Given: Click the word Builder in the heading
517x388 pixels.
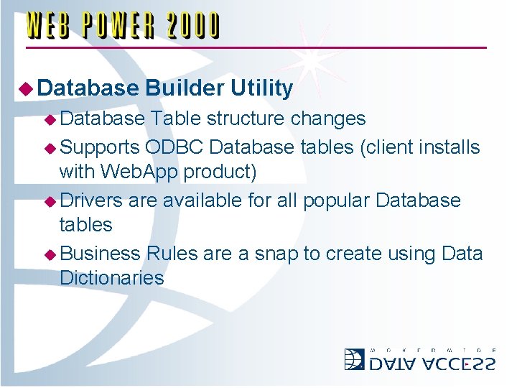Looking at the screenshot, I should pyautogui.click(x=185, y=88).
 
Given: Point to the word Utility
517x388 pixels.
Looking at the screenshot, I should pyautogui.click(x=262, y=88).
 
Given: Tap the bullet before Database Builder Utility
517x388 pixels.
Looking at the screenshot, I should pyautogui.click(x=27, y=89).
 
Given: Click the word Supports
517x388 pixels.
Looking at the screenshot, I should pyautogui.click(x=101, y=147).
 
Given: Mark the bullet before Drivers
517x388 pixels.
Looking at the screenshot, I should pyautogui.click(x=51, y=200).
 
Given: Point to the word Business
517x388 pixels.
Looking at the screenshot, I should pyautogui.click(x=101, y=254).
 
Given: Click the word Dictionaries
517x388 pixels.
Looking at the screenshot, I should pyautogui.click(x=112, y=278).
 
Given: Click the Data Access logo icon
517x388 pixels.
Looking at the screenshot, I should pyautogui.click(x=354, y=359).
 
